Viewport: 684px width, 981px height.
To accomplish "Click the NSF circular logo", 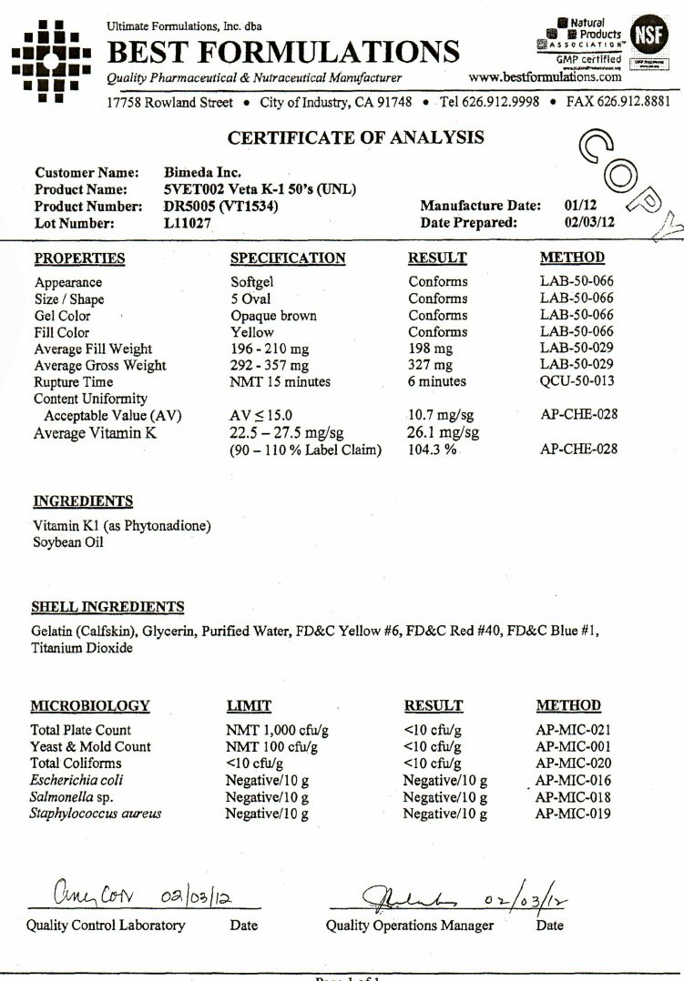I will point(648,36).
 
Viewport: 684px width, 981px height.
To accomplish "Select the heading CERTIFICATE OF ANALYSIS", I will point(356,138).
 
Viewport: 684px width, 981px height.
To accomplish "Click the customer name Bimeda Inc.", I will point(201,173).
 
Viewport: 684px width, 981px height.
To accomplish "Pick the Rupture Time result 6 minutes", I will point(436,382).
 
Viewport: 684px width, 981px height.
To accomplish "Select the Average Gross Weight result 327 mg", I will point(431,366).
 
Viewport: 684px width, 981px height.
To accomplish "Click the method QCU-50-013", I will point(578,382).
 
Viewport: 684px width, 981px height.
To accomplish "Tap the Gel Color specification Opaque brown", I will point(273,316).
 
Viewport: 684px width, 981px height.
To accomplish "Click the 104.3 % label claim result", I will point(432,450).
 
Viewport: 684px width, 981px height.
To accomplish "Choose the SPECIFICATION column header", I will point(288,258).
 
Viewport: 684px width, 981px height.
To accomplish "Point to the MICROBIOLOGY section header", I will point(90,705).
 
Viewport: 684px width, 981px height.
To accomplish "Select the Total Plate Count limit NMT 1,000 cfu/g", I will point(277,730).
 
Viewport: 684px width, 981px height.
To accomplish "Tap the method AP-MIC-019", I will point(573,814).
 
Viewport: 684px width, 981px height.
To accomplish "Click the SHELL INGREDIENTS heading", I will point(107,607).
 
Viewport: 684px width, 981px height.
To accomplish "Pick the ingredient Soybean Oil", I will point(68,542).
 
